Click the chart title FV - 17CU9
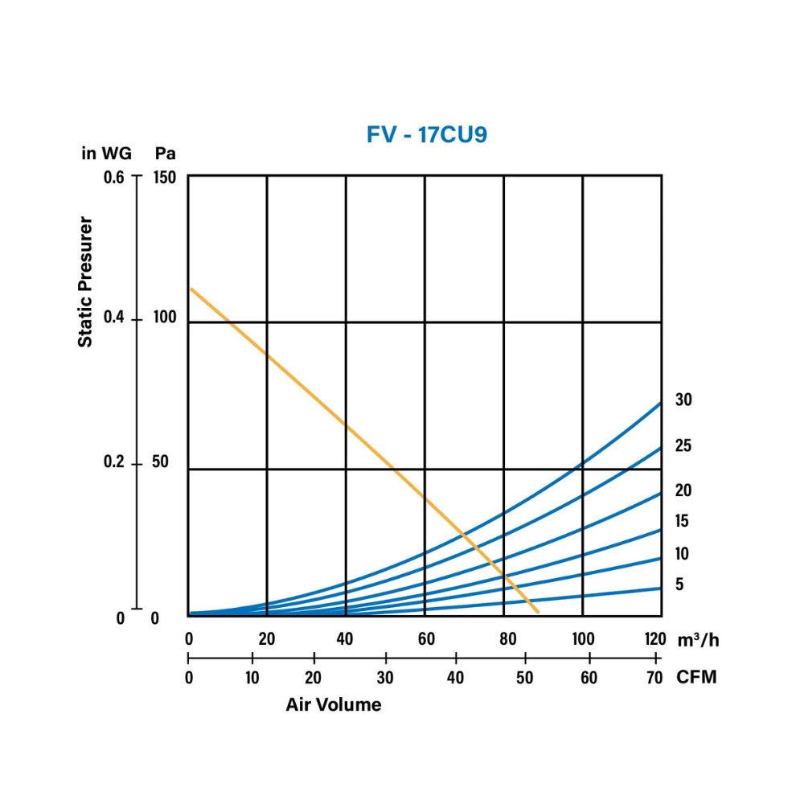(427, 134)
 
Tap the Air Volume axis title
(334, 705)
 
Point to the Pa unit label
(166, 153)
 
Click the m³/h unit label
(697, 640)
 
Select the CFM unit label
(696, 677)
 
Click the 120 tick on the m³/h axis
(654, 640)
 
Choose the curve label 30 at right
(683, 400)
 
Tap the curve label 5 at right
(679, 585)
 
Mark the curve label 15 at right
(683, 522)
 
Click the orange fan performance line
(346, 423)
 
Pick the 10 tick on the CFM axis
(252, 677)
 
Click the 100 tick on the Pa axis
(166, 318)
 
